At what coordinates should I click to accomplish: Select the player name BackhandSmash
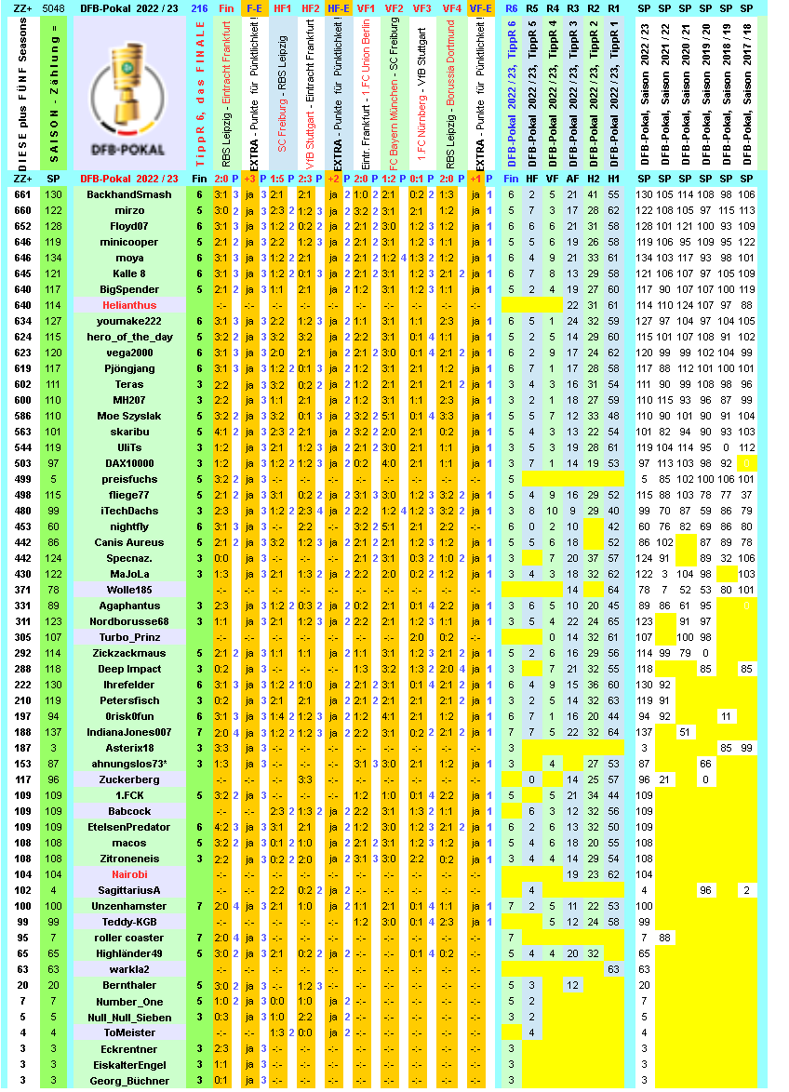(x=129, y=194)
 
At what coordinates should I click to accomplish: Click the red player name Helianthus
(x=129, y=305)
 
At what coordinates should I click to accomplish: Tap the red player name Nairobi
(x=129, y=874)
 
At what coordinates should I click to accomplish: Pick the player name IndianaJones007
(x=129, y=732)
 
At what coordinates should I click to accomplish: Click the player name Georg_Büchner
(x=129, y=1081)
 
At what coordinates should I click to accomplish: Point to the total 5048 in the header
(x=54, y=8)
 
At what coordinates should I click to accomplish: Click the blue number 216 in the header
(x=199, y=8)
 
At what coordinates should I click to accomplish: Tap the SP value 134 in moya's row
(x=54, y=258)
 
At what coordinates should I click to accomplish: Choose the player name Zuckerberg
(x=129, y=779)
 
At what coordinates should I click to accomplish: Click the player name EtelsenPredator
(x=129, y=827)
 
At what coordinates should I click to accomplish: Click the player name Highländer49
(x=129, y=953)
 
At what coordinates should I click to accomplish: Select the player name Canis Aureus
(x=129, y=542)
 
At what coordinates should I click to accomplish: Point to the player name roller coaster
(x=129, y=938)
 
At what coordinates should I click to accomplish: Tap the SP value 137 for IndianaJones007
(x=54, y=732)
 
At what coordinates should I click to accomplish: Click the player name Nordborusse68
(x=129, y=621)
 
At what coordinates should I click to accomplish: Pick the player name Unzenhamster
(x=129, y=906)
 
